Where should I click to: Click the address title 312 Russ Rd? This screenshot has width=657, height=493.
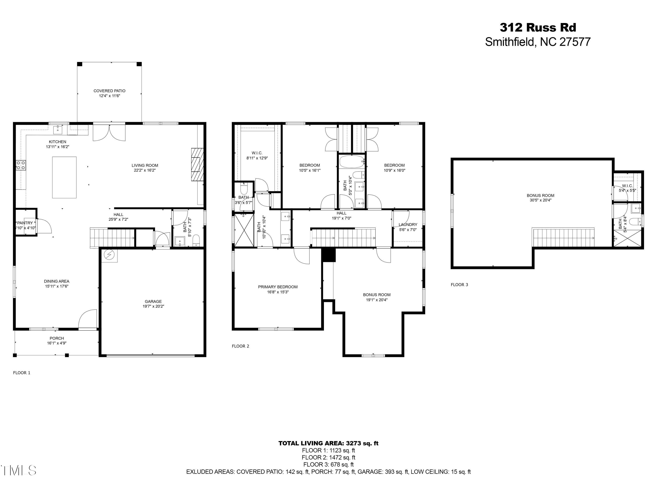pyautogui.click(x=538, y=28)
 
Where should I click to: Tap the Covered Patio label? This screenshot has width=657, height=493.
pyautogui.click(x=109, y=91)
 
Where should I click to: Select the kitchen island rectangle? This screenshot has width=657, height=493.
pyautogui.click(x=64, y=177)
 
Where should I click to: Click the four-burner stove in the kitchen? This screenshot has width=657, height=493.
pyautogui.click(x=21, y=165)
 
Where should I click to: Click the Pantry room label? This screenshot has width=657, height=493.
pyautogui.click(x=25, y=223)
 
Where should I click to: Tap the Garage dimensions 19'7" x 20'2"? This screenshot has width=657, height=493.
pyautogui.click(x=153, y=306)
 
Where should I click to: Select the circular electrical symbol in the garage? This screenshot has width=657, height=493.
pyautogui.click(x=109, y=255)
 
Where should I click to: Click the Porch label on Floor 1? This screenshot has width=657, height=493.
pyautogui.click(x=57, y=338)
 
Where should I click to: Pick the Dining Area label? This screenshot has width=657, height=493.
pyautogui.click(x=57, y=281)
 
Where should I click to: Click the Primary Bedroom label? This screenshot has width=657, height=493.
pyautogui.click(x=278, y=287)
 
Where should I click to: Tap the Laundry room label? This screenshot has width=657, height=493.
pyautogui.click(x=408, y=225)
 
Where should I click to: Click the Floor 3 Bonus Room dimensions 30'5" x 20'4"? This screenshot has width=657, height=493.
pyautogui.click(x=540, y=200)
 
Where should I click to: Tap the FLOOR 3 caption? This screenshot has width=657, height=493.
pyautogui.click(x=459, y=285)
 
